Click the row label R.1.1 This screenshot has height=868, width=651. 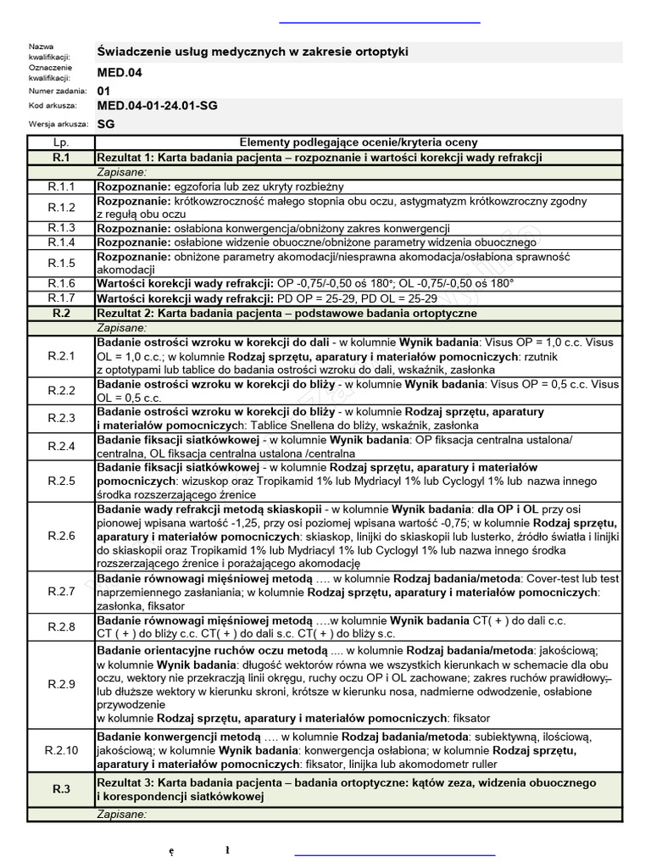[61, 186]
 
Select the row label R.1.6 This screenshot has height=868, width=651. [61, 283]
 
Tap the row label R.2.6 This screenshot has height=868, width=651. [61, 536]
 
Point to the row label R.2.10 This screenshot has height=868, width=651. [61, 750]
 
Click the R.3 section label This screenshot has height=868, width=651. [61, 789]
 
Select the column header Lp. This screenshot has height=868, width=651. [61, 142]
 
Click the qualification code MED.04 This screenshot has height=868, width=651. [120, 73]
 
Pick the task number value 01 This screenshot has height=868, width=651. [103, 90]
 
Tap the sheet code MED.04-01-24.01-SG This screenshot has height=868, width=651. [157, 106]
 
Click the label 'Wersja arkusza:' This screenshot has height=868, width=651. [58, 124]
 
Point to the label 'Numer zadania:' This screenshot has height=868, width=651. [57, 90]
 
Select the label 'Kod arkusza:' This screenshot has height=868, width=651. [53, 106]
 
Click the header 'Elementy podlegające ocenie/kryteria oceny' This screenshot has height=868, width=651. [359, 142]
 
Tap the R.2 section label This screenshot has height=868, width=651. [61, 313]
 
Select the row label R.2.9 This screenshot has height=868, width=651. [61, 684]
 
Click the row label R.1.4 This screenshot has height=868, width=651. [61, 242]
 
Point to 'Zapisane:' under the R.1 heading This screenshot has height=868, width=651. [123, 171]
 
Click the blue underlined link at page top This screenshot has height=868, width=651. [379, 21]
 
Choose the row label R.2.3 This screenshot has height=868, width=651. [61, 418]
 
